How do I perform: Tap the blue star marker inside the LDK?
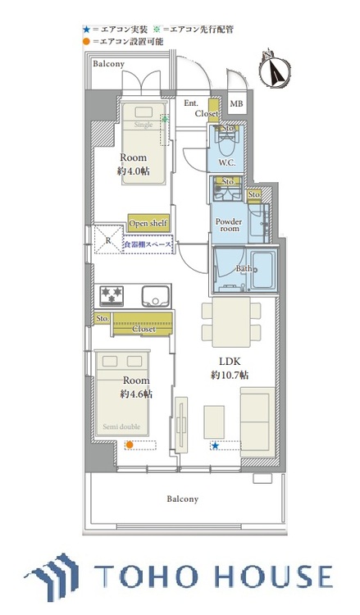click(x=215, y=445)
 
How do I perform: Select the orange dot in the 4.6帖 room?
click(x=129, y=445)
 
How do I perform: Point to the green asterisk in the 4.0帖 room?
click(x=165, y=120)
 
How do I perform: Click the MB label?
click(x=236, y=104)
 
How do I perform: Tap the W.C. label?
click(x=227, y=162)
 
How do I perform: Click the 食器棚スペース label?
click(x=149, y=245)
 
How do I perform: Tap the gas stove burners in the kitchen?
click(x=112, y=294)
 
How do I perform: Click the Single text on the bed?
click(x=144, y=125)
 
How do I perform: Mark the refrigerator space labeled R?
click(x=107, y=240)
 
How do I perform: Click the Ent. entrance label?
click(x=190, y=103)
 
